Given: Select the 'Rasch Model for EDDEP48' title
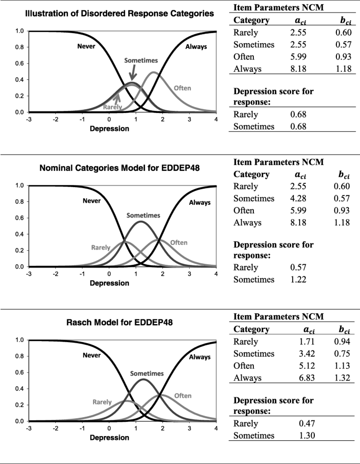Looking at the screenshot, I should pos(119,322).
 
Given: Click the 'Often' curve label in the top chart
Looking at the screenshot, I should pos(182,88).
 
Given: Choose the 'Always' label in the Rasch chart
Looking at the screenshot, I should pos(199,356).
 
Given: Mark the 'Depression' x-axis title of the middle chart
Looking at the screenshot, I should pos(110,283).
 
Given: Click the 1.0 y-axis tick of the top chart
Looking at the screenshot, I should pos(20,31).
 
